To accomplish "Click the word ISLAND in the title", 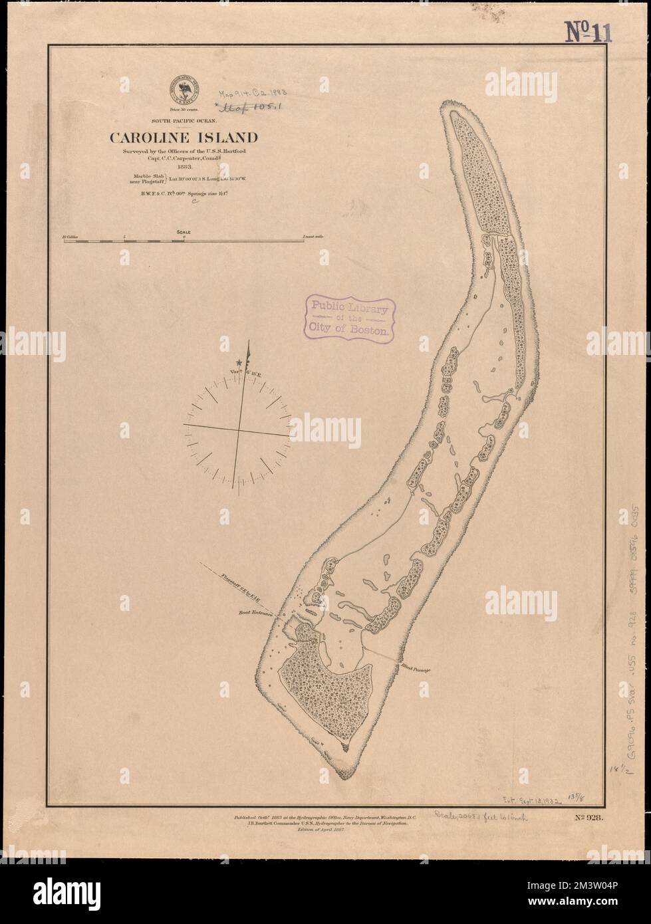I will (x=226, y=139).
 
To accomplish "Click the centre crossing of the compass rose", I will (x=239, y=433).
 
